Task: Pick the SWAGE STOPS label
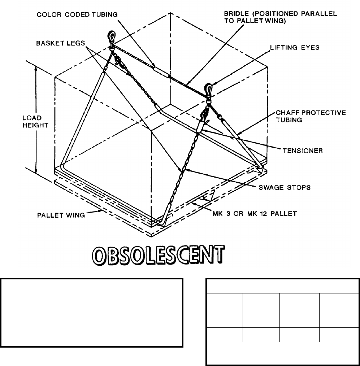click(285, 188)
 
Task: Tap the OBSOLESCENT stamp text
click(156, 256)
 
